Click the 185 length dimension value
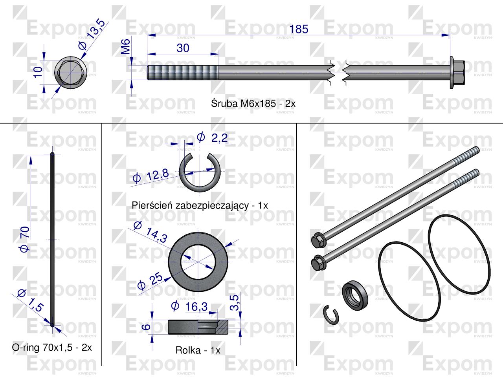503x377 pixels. click(299, 29)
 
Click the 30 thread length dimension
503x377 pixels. click(183, 48)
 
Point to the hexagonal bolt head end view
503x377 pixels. click(70, 74)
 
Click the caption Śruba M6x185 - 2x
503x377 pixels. click(253, 104)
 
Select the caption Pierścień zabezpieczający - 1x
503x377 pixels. click(200, 205)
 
